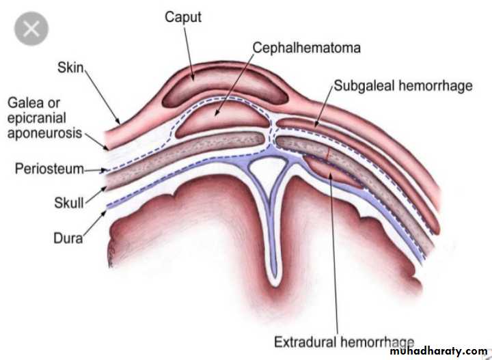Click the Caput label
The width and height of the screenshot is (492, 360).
182,16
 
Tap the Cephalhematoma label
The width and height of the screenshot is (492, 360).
307,48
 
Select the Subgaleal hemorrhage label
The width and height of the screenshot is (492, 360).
402,87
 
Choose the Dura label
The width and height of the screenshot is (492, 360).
68,238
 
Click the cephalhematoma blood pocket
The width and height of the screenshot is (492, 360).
219,118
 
